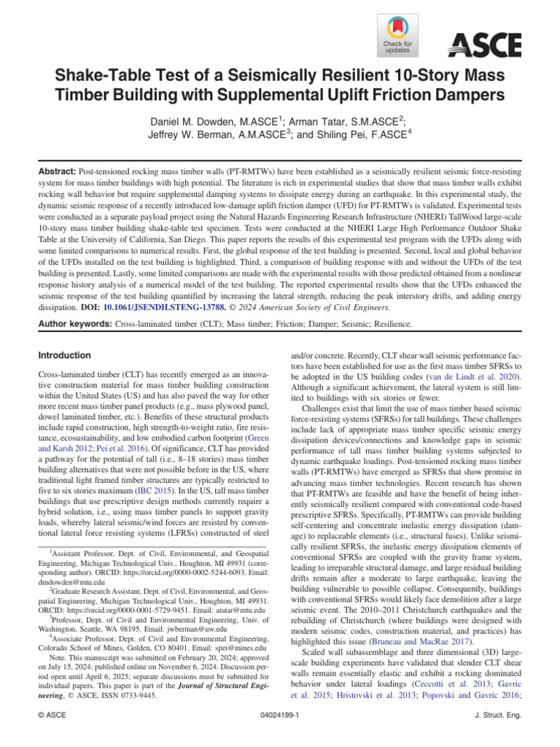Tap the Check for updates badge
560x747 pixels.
pos(397,34)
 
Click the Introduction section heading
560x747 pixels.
pos(64,355)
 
